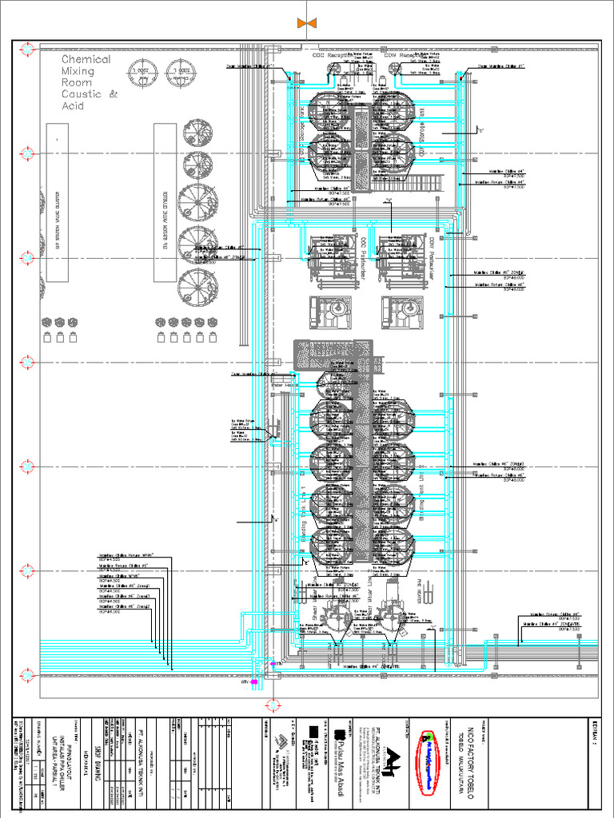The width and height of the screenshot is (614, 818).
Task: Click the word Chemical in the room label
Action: point(86,59)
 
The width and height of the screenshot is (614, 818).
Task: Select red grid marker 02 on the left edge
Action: point(26,152)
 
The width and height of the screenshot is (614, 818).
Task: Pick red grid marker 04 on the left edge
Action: point(26,362)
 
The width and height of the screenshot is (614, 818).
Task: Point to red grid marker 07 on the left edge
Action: point(26,669)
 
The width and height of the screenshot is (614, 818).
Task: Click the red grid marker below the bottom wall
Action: point(273,704)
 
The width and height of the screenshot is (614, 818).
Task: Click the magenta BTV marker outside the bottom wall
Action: point(254,682)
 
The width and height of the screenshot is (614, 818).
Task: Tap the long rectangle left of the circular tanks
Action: point(58,201)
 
